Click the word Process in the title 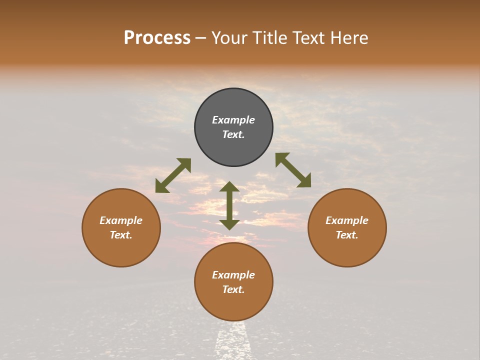point(157,38)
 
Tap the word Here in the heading point(349,38)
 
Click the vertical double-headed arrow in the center point(229,206)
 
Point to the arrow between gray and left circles point(173,175)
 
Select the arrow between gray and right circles point(293,170)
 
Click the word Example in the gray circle point(233,120)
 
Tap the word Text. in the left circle point(121,235)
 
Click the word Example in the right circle point(347,220)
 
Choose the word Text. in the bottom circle point(233,289)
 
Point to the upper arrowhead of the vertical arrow point(229,187)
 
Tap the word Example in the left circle point(121,220)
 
